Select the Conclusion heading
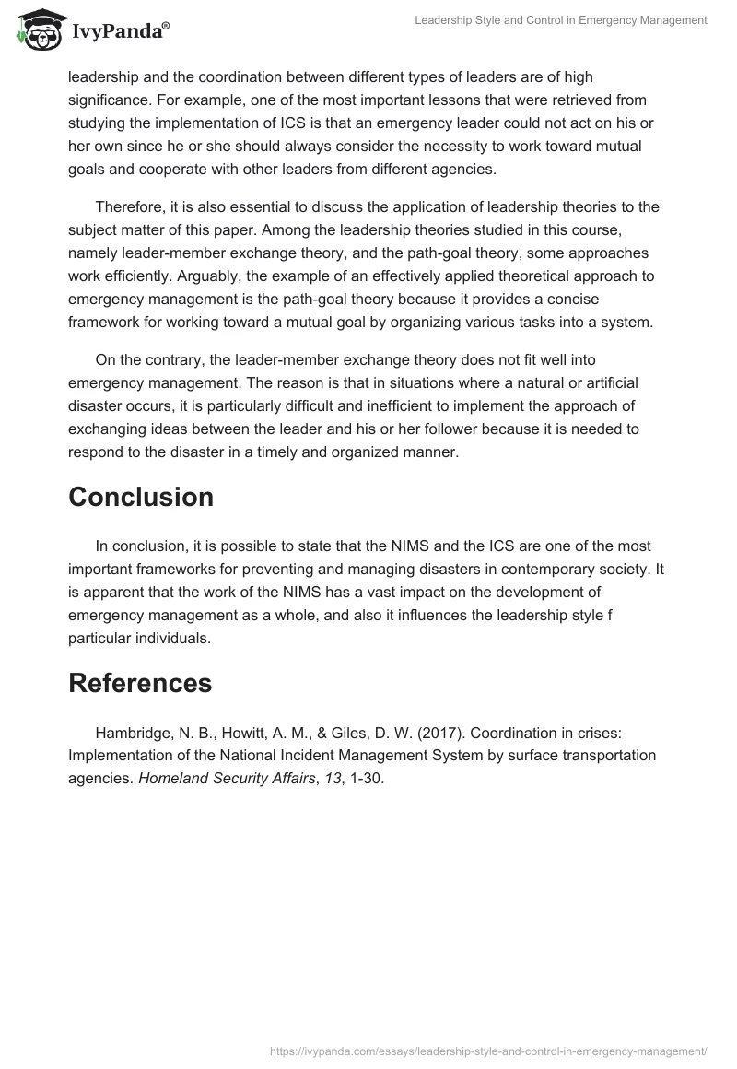(141, 497)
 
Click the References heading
(140, 683)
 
